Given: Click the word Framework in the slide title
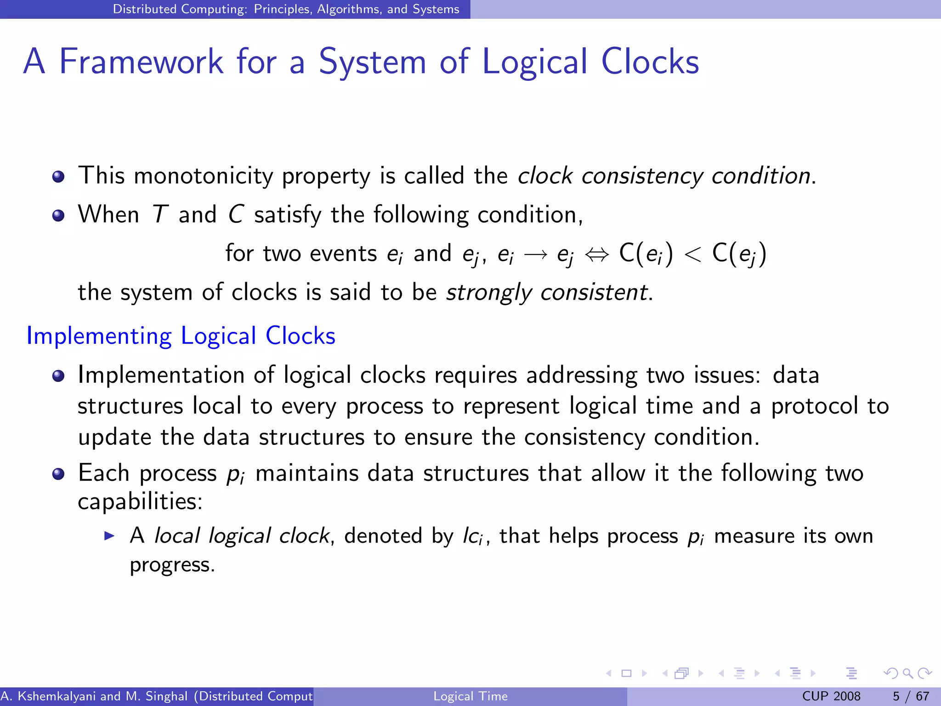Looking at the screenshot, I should click(x=141, y=62).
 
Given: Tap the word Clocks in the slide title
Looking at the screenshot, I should click(x=650, y=62).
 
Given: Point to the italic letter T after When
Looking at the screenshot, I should click(x=159, y=215).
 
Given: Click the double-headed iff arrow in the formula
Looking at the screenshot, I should click(x=597, y=254).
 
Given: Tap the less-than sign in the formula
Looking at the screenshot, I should click(x=692, y=254).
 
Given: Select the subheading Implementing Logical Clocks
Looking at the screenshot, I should click(x=181, y=336).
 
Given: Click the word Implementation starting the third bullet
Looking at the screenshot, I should click(x=160, y=375).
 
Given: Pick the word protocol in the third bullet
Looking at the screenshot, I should click(x=814, y=406).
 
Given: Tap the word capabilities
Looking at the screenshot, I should click(x=140, y=501).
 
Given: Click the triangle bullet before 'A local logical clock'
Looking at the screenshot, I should click(x=109, y=535).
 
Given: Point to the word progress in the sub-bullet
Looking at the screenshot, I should click(x=172, y=565).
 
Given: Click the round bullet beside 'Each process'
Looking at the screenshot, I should click(x=58, y=474).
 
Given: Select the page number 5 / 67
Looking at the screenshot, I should click(x=911, y=696).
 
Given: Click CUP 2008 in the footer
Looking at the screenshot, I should click(x=831, y=696).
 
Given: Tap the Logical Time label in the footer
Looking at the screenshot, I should click(x=470, y=696).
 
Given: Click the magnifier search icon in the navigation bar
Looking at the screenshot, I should click(x=907, y=673).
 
